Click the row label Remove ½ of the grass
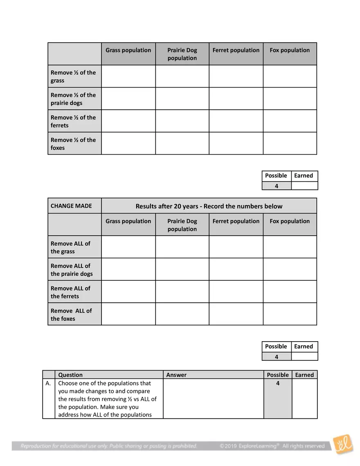[x=74, y=77]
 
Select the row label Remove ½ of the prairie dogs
[x=74, y=99]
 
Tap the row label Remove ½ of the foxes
[x=74, y=144]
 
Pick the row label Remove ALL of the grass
[x=71, y=248]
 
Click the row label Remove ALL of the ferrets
[x=71, y=292]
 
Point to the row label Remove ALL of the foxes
[x=72, y=315]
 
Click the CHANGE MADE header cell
[x=71, y=206]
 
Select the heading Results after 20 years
[x=209, y=206]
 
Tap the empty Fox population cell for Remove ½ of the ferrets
[x=290, y=121]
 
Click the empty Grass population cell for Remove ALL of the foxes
[x=128, y=314]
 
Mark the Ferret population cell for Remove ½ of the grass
[x=236, y=76]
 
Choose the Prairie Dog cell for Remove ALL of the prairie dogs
[x=182, y=269]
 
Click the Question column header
[x=70, y=375]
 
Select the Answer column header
[x=176, y=375]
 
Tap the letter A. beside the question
[x=49, y=383]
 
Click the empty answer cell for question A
[x=213, y=398]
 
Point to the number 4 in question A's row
[x=278, y=383]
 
